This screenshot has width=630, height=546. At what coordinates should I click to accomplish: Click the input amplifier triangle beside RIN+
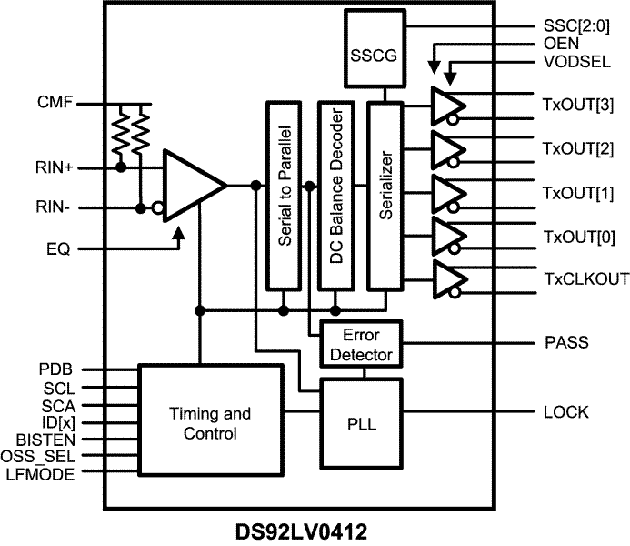click(x=189, y=187)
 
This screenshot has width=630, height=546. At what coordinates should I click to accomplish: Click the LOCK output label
click(x=566, y=412)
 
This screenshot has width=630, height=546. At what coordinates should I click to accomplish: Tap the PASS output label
click(x=566, y=343)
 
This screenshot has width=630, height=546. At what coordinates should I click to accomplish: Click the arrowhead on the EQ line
click(x=179, y=236)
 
